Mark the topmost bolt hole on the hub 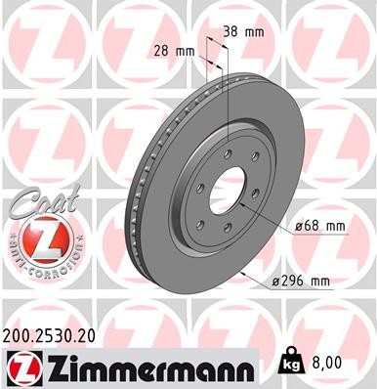coord(228,149)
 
